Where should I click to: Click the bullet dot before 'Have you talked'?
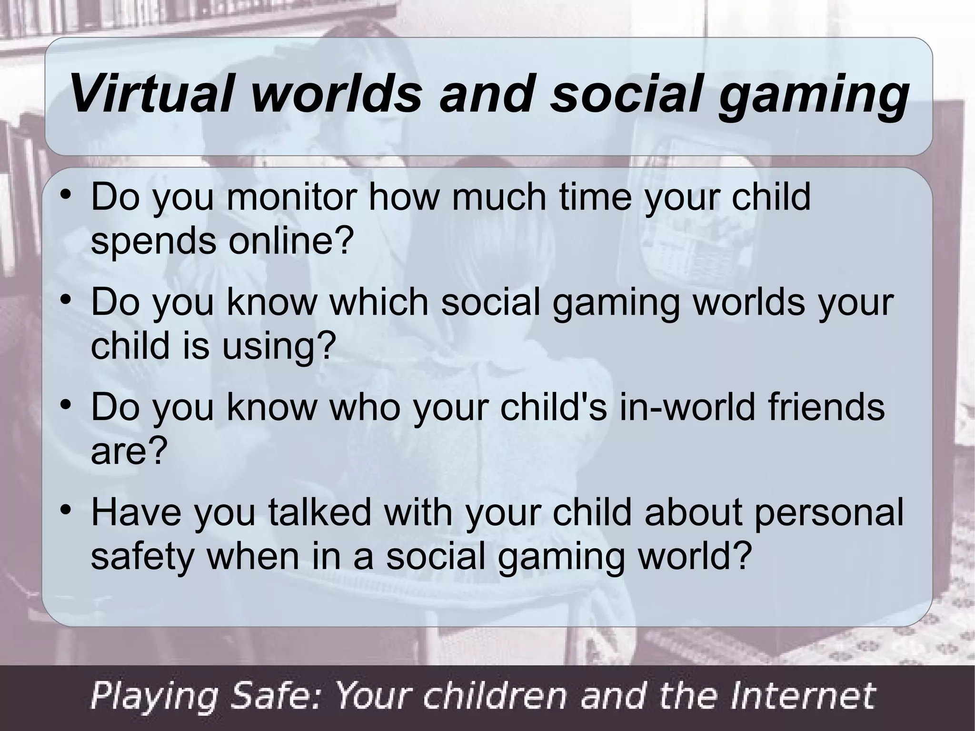(x=67, y=512)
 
